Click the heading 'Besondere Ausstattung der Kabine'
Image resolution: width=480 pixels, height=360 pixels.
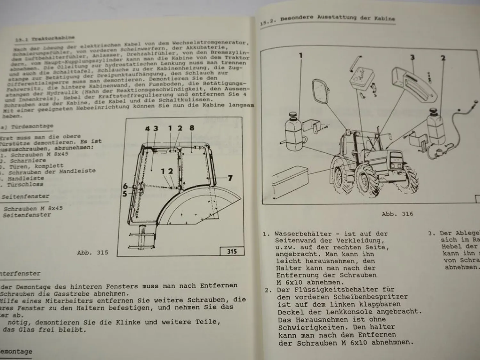point(337,18)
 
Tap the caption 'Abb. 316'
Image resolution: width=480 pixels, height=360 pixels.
point(397,214)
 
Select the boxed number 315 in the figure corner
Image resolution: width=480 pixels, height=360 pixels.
point(232,251)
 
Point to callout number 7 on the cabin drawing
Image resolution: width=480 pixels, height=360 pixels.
point(230,178)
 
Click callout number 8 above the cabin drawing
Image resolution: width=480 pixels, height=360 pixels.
point(191,128)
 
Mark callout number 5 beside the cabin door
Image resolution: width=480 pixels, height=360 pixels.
point(124,193)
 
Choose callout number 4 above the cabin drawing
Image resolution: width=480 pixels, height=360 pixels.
point(147,129)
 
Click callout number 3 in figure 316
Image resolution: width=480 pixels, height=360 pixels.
point(412,57)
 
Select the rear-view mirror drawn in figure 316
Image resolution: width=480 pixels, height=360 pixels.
point(321,93)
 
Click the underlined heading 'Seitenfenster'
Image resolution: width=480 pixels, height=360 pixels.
point(25,196)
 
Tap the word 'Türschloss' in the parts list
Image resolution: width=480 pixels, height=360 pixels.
point(25,184)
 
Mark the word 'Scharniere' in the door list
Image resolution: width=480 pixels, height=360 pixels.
point(28,160)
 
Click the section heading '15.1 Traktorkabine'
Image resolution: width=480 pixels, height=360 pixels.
point(45,38)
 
